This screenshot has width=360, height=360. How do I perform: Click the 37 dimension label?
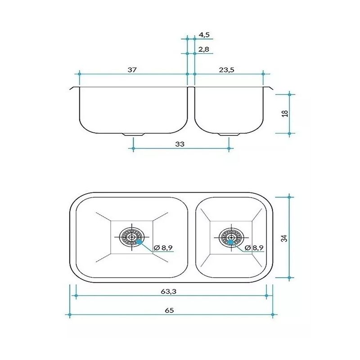click(x=132, y=70)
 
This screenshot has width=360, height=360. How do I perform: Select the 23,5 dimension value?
click(x=226, y=70)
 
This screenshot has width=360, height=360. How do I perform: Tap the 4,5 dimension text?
click(x=204, y=35)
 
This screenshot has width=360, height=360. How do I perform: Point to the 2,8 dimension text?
click(x=204, y=49)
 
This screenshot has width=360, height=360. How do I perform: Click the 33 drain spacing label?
click(x=180, y=144)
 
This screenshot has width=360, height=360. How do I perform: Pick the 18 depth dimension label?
click(x=285, y=113)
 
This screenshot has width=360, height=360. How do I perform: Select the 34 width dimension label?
click(x=284, y=238)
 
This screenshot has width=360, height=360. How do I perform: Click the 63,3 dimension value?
click(x=168, y=291)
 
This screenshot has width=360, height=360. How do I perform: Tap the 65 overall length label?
click(x=169, y=310)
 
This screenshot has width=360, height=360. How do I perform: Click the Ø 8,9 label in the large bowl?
click(x=163, y=248)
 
